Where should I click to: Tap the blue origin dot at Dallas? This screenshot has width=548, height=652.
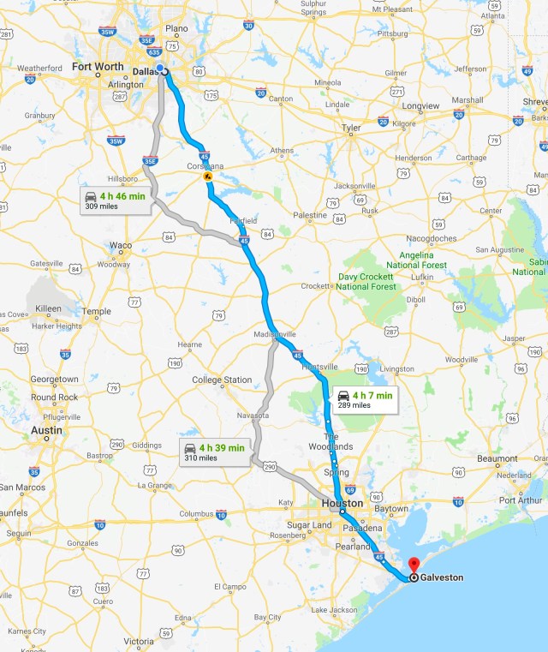click(x=160, y=69)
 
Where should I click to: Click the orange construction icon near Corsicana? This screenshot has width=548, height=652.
click(x=207, y=177)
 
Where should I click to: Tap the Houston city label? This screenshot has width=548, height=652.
click(x=342, y=503)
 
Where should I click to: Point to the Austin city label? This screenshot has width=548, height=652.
click(x=45, y=430)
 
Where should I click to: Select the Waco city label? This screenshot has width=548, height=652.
click(x=121, y=246)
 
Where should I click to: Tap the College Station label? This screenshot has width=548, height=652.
click(x=222, y=380)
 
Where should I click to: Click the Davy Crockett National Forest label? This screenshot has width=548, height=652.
click(x=366, y=281)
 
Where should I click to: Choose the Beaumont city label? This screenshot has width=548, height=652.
click(x=497, y=458)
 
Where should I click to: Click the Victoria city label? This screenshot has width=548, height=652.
click(x=139, y=641)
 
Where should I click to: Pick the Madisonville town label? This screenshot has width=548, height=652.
click(x=275, y=333)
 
